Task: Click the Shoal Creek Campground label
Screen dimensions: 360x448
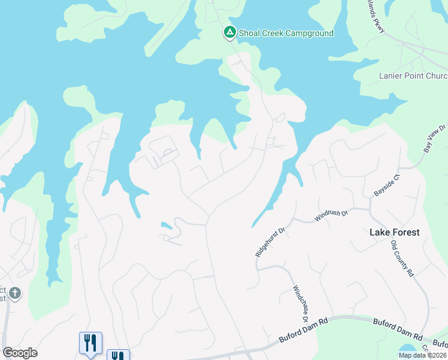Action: (x=286, y=33)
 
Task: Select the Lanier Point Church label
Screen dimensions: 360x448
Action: (x=413, y=76)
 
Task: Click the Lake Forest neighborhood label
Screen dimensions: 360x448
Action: (x=394, y=232)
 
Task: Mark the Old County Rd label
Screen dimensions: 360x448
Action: (x=402, y=258)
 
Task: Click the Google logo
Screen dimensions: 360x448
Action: (x=20, y=353)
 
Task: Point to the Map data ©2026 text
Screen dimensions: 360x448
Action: (x=422, y=355)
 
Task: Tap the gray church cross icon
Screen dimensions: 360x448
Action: (x=15, y=293)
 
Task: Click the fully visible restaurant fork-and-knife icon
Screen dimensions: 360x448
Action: (x=90, y=343)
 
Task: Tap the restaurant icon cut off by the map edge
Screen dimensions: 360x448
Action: (x=118, y=355)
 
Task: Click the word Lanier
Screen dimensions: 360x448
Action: (x=392, y=76)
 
